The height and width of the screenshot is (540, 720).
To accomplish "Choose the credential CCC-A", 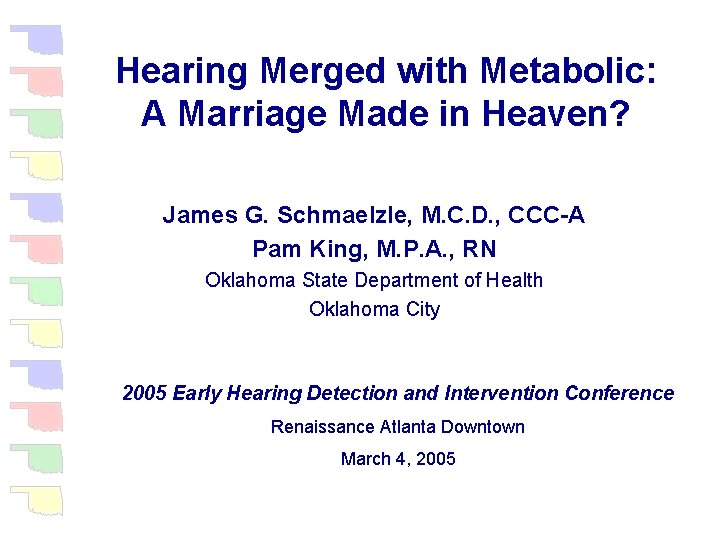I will (x=546, y=215).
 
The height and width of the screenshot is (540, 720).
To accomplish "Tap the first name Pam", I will (x=272, y=248).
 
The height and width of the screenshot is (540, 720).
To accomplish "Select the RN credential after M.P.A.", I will (x=479, y=248).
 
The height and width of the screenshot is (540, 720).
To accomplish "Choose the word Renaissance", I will (x=322, y=427).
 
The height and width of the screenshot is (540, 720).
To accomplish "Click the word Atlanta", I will (x=410, y=427).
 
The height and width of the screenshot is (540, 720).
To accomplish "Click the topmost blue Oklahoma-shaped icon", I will (x=37, y=40).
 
